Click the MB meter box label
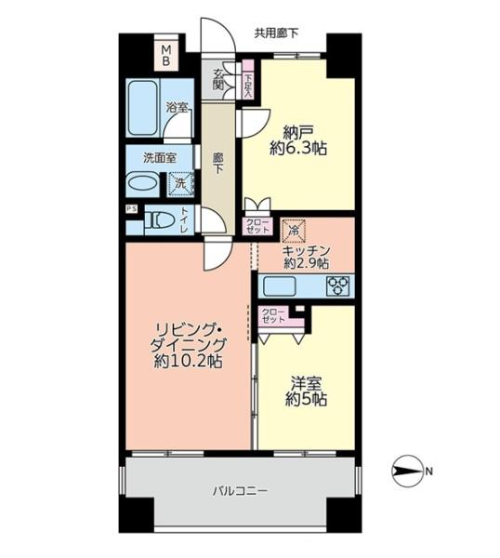click(166, 55)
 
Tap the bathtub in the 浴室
click(142, 108)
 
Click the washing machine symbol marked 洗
click(181, 184)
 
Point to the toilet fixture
click(160, 220)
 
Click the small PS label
click(131, 209)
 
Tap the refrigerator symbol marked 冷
click(294, 231)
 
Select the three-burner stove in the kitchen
click(338, 286)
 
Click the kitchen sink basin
click(279, 286)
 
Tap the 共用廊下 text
click(276, 33)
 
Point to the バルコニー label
click(240, 491)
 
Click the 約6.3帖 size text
click(298, 149)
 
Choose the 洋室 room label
click(306, 384)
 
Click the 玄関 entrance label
click(218, 79)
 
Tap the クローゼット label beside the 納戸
click(257, 226)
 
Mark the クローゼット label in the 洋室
click(273, 315)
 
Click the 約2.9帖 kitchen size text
click(306, 264)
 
